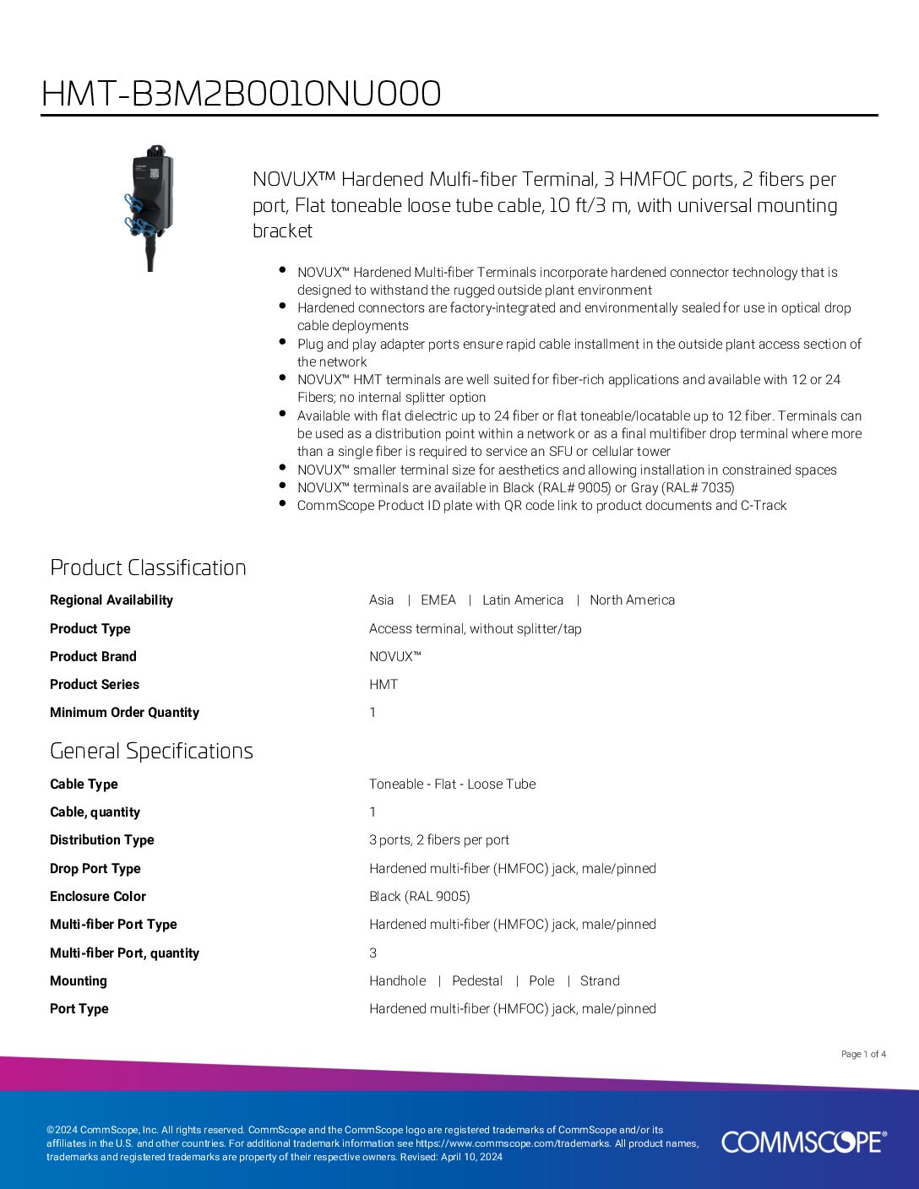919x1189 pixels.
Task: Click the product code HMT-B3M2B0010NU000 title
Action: [241, 94]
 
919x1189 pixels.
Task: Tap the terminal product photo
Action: [150, 207]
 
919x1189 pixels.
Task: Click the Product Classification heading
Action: [148, 567]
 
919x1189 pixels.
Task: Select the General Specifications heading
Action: [151, 751]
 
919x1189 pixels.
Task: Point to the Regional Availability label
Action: [111, 600]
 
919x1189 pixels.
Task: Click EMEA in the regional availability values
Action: [438, 600]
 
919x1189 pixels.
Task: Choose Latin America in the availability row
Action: [522, 600]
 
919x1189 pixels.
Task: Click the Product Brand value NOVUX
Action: [394, 657]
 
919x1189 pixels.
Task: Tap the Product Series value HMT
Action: [383, 685]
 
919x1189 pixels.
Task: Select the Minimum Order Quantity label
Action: [124, 713]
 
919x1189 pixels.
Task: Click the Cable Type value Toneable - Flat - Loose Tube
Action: [452, 785]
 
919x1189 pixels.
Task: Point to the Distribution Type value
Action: [438, 840]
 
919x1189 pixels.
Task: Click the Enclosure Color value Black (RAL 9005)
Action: [419, 897]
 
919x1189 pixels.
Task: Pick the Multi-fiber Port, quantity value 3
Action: [373, 953]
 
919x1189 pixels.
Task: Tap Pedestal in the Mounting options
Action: [477, 981]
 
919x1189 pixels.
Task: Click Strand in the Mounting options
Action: [600, 981]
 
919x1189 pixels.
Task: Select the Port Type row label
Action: [79, 1009]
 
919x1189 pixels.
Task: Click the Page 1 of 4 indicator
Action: [863, 1054]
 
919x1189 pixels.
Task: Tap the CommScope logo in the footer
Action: [803, 1142]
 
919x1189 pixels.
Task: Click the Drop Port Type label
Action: [95, 869]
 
